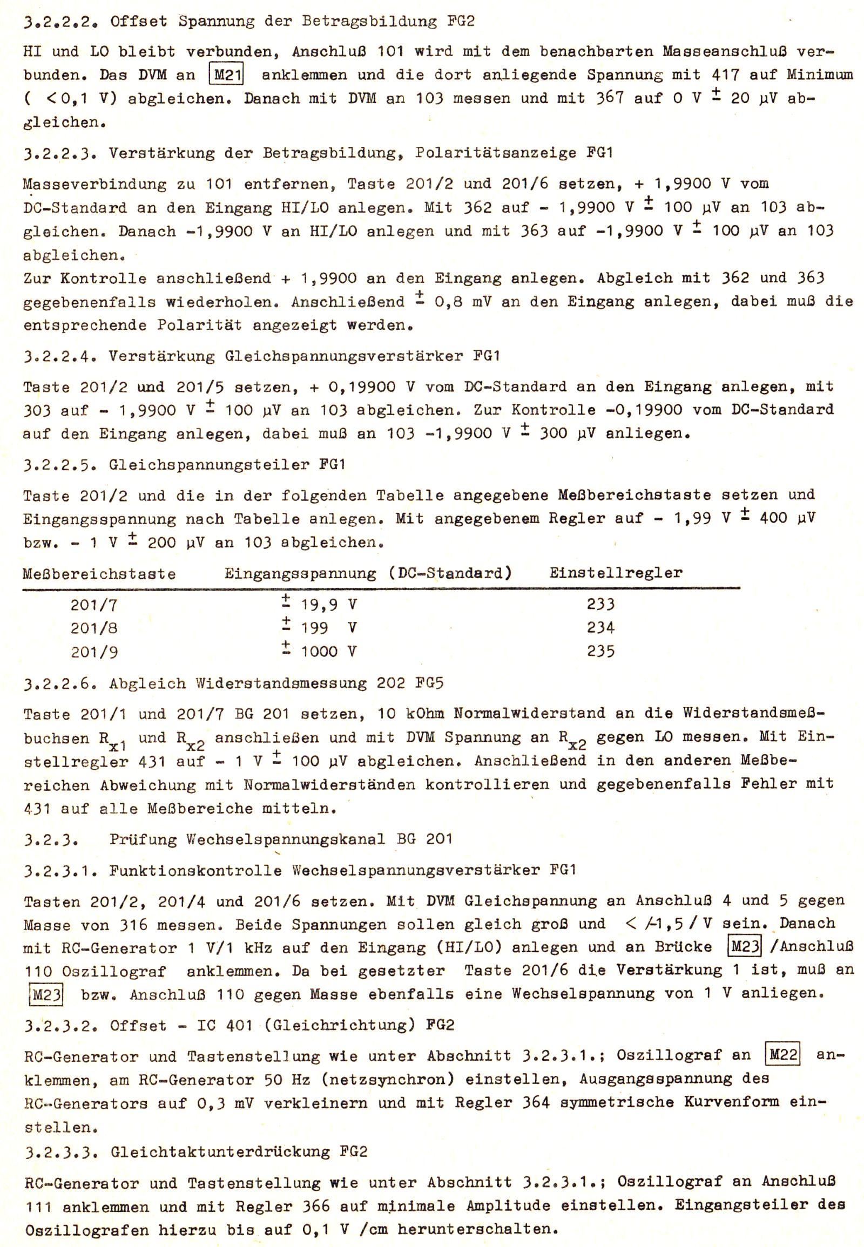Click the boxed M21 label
pyautogui.click(x=226, y=74)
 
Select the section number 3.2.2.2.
pyautogui.click(x=60, y=22)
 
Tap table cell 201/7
pyautogui.click(x=93, y=605)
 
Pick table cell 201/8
pyautogui.click(x=93, y=628)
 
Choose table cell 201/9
pyautogui.click(x=93, y=652)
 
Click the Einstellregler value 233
pyautogui.click(x=600, y=604)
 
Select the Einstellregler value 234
pyautogui.click(x=600, y=628)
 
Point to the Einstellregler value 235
pyautogui.click(x=600, y=651)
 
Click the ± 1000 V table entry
pyautogui.click(x=319, y=650)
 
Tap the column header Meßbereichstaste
pyautogui.click(x=99, y=574)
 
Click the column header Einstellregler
pyautogui.click(x=616, y=573)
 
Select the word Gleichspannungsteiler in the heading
pyautogui.click(x=208, y=465)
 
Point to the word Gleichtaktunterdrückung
pyautogui.click(x=220, y=1152)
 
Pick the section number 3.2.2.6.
pyautogui.click(x=60, y=683)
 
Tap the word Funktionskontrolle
pyautogui.click(x=195, y=871)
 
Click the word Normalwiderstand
pyautogui.click(x=529, y=713)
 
